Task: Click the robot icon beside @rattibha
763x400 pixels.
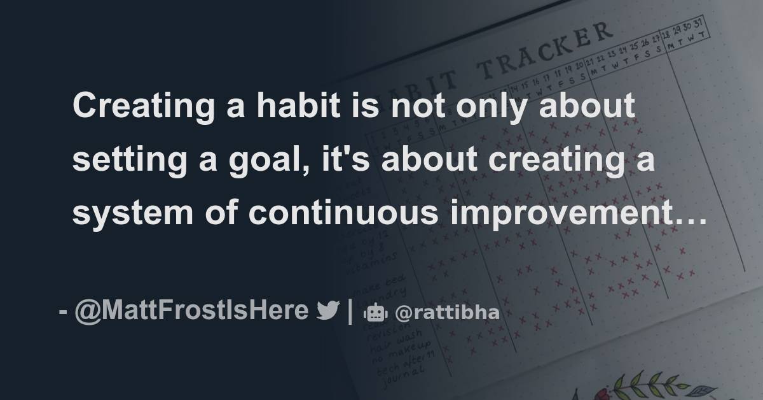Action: [375, 313]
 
